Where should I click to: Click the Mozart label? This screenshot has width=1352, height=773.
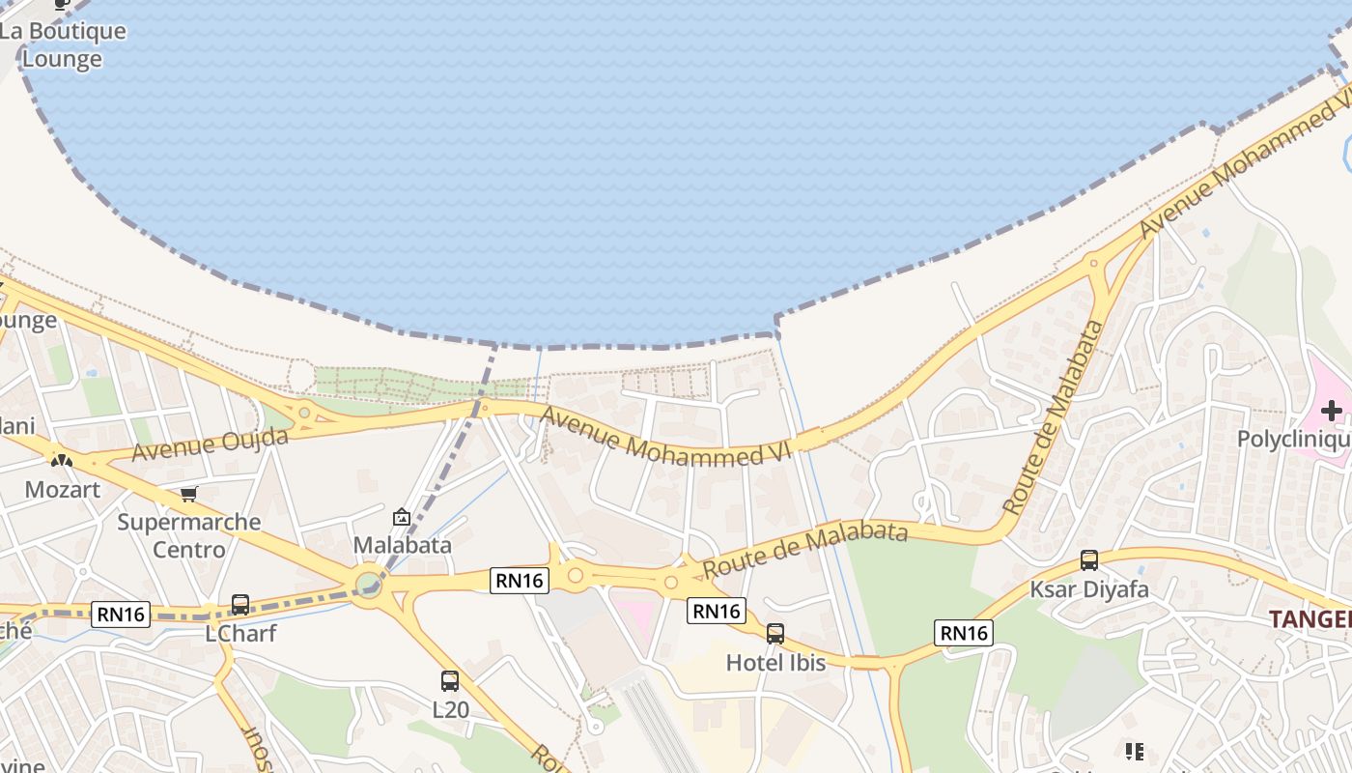(x=62, y=489)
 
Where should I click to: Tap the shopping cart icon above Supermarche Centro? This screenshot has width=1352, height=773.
(x=188, y=494)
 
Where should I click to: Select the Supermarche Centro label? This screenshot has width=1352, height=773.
(x=189, y=535)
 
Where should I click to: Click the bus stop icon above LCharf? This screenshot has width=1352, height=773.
(x=240, y=605)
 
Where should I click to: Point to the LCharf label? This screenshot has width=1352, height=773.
(x=240, y=634)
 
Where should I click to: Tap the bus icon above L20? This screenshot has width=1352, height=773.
(x=450, y=680)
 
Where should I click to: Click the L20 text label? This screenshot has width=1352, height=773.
(x=450, y=710)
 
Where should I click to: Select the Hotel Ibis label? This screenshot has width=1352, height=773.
(x=775, y=663)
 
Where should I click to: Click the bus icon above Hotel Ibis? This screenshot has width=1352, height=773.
(x=775, y=634)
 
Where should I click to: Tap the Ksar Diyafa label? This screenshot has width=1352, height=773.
(x=1089, y=589)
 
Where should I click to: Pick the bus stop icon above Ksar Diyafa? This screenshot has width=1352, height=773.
(x=1089, y=560)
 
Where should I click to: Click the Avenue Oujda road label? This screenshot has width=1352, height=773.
(x=211, y=444)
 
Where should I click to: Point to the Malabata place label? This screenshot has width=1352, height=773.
(x=402, y=545)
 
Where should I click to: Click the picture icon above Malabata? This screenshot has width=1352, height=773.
(x=402, y=517)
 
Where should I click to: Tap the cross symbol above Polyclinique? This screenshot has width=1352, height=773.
(x=1332, y=411)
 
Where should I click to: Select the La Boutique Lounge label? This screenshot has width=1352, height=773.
(x=64, y=44)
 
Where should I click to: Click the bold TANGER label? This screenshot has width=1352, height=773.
(x=1310, y=619)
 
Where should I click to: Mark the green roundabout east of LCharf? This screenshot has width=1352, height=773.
(x=368, y=584)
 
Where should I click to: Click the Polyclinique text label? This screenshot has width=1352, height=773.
(x=1294, y=441)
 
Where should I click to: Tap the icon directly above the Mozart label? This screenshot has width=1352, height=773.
(x=62, y=461)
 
